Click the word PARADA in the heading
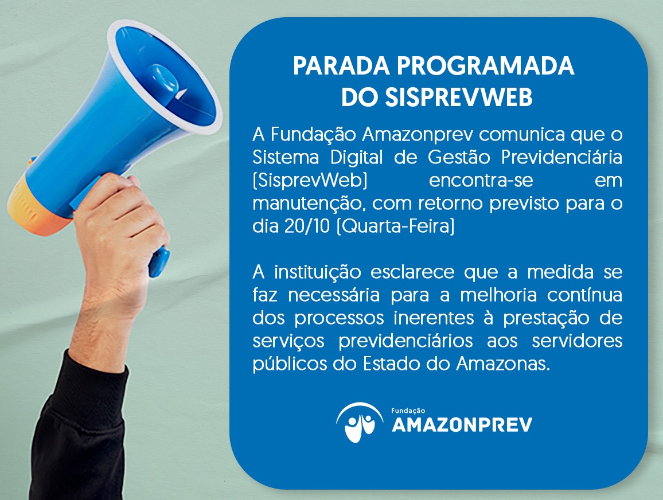(x=341, y=66)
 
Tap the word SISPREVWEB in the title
(x=459, y=97)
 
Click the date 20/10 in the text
(x=307, y=226)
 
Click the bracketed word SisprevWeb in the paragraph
(x=310, y=181)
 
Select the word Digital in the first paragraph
(x=356, y=158)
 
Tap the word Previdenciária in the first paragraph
(x=562, y=157)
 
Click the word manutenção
(x=309, y=204)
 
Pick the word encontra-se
(x=481, y=181)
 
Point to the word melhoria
(x=498, y=295)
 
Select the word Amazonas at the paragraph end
(x=503, y=364)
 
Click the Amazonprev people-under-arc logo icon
(x=360, y=422)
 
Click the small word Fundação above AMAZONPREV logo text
(x=408, y=411)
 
